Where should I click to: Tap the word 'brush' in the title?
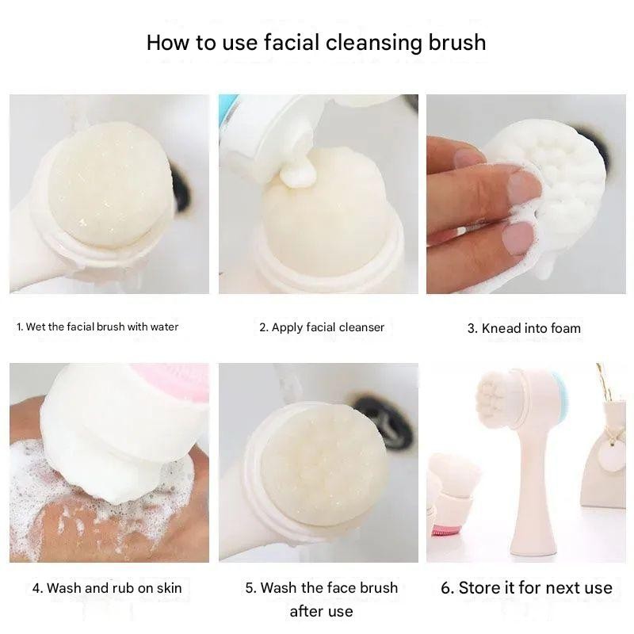[457, 42]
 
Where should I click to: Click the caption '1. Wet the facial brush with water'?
[97, 327]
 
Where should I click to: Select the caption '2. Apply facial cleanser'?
[322, 327]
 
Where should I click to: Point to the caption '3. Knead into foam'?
[524, 328]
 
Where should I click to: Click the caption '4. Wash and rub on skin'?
[107, 588]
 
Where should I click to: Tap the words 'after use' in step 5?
[322, 611]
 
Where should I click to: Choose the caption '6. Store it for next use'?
[526, 587]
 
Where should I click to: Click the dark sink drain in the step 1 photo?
[181, 185]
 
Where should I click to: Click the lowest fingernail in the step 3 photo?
[518, 237]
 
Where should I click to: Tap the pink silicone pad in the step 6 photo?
[445, 529]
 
